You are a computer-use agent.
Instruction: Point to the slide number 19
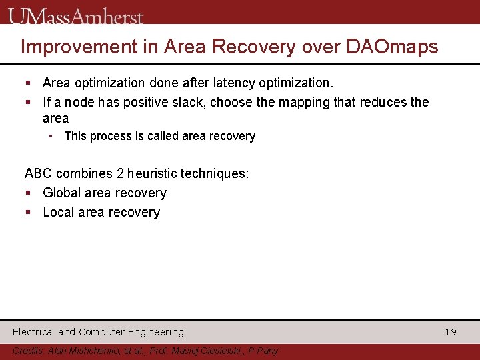pyautogui.click(x=451, y=332)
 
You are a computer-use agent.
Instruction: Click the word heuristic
pyautogui.click(x=157, y=174)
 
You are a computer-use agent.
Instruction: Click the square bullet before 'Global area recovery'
pyautogui.click(x=29, y=193)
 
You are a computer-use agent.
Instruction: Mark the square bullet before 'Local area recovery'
pyautogui.click(x=29, y=213)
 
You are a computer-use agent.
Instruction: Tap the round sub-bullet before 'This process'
pyautogui.click(x=51, y=136)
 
